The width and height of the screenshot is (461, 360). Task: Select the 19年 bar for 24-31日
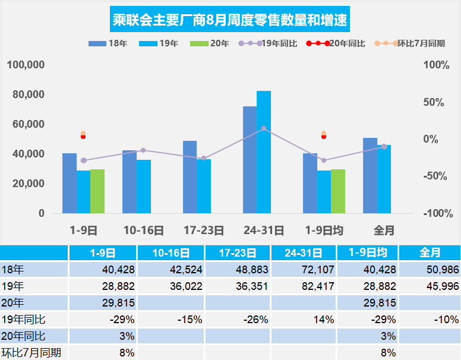click(264, 152)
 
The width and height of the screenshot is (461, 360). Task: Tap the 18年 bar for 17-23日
click(190, 177)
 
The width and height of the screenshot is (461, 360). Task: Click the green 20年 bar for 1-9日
click(97, 191)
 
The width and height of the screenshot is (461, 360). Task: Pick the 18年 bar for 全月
click(370, 175)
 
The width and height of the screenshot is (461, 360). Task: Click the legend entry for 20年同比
click(336, 43)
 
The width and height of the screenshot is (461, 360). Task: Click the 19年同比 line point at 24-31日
click(264, 128)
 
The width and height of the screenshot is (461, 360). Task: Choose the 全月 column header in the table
click(430, 252)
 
